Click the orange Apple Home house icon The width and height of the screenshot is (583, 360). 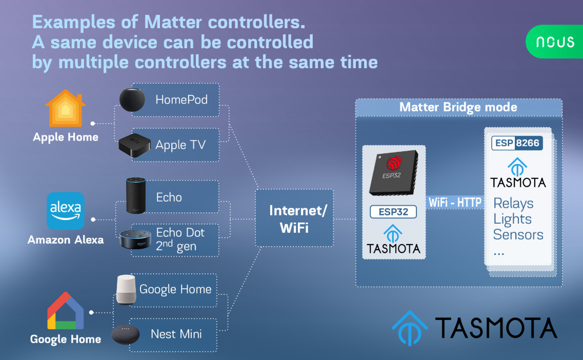tap(66, 108)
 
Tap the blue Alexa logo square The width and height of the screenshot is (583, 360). tap(66, 211)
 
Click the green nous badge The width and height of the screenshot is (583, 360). tap(554, 42)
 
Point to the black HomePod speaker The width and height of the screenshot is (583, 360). tap(132, 99)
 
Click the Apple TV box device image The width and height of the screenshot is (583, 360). tap(134, 145)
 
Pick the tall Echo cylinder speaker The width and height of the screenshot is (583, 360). tap(136, 195)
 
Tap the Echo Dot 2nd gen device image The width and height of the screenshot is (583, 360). tap(135, 239)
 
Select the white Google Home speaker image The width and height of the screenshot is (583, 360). tap(126, 290)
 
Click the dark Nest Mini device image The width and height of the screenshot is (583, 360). tap(126, 334)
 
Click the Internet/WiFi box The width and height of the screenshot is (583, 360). tap(294, 218)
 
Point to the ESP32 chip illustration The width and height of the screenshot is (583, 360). tap(393, 173)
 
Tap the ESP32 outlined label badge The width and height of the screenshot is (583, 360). tap(393, 212)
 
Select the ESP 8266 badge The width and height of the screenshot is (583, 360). tap(517, 143)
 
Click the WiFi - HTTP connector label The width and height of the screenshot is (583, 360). tap(455, 203)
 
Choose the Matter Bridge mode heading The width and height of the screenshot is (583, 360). tap(458, 107)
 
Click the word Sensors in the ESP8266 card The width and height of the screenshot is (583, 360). tap(518, 235)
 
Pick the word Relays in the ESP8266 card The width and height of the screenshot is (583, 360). tap(513, 204)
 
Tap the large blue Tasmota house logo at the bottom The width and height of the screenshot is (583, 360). tap(409, 328)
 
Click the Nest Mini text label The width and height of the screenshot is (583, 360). tap(176, 334)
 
